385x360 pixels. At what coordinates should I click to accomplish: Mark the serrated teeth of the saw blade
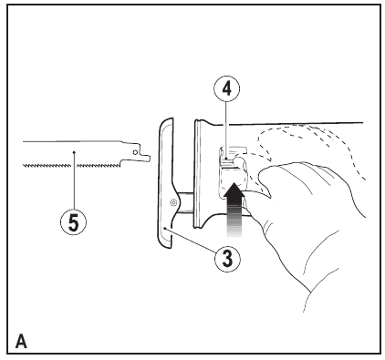point(73,165)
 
